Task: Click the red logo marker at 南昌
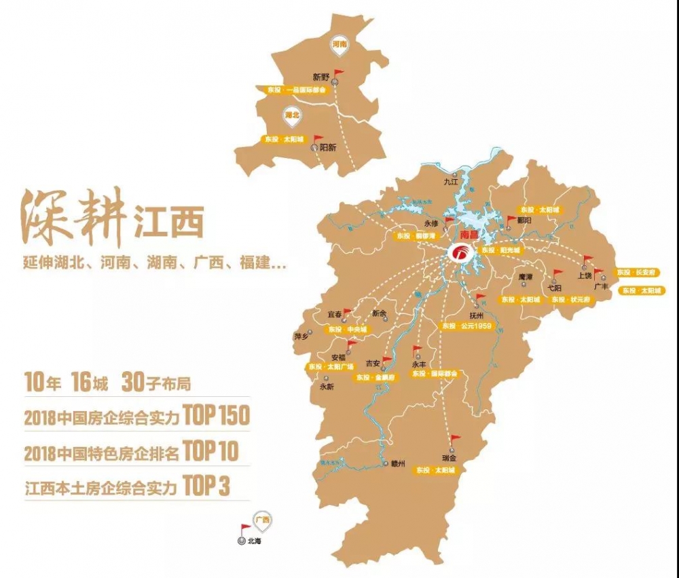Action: point(460,253)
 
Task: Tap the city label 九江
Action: point(451,181)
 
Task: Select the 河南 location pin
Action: point(339,44)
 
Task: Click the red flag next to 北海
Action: point(245,528)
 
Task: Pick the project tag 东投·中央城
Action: point(347,330)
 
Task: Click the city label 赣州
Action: point(398,464)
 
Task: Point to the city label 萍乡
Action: point(301,336)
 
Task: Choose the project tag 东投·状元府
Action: point(568,298)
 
